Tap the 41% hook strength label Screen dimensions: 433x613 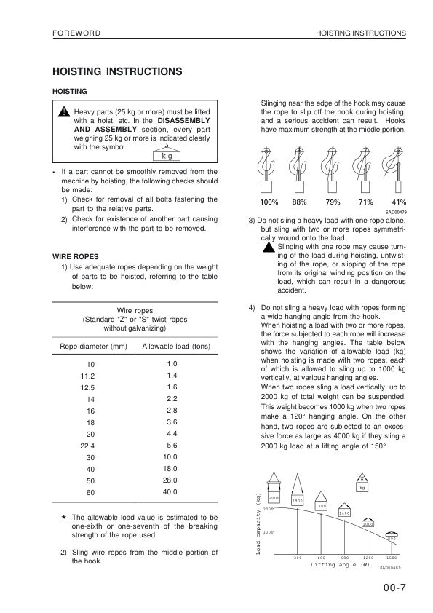(x=399, y=202)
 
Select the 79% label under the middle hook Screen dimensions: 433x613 (x=333, y=202)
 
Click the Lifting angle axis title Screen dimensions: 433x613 (x=340, y=564)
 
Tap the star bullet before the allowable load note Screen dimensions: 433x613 (x=65, y=517)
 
